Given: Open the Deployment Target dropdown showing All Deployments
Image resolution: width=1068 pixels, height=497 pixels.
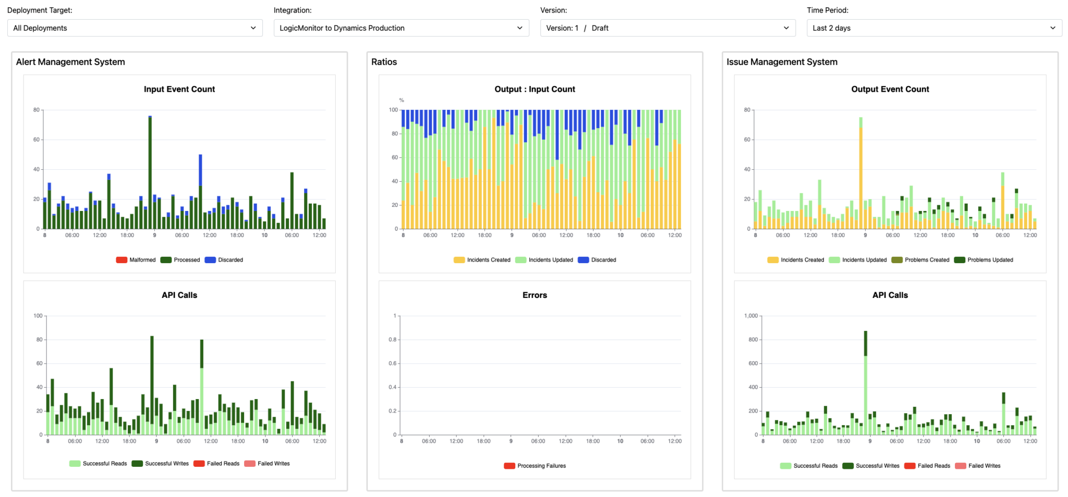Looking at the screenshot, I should tap(135, 28).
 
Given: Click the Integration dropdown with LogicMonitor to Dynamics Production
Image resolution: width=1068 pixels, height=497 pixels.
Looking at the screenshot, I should tap(401, 28).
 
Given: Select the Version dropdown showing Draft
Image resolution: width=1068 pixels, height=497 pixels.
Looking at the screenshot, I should tap(667, 28).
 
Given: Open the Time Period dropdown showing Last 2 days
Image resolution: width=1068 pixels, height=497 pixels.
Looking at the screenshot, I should tap(934, 28).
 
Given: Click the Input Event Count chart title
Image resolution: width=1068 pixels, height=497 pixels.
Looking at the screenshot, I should tap(179, 89).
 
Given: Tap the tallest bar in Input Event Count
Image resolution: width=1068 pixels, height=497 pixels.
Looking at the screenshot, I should tap(150, 172).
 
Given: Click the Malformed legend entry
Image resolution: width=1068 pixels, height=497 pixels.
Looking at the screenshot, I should tap(136, 260).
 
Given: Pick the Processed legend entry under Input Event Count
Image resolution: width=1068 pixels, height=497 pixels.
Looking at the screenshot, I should tap(180, 260).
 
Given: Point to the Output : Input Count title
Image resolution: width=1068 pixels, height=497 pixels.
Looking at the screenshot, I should tap(535, 89).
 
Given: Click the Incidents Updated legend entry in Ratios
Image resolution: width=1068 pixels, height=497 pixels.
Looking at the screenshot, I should tap(544, 260).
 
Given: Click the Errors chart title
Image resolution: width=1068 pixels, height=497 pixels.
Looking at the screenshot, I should tap(535, 295).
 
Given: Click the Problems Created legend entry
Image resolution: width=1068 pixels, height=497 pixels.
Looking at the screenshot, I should tap(921, 260).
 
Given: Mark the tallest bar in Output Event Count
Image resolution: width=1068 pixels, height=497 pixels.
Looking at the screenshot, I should tap(861, 177).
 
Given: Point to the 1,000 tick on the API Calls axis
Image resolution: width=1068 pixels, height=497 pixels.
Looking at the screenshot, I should tap(751, 316).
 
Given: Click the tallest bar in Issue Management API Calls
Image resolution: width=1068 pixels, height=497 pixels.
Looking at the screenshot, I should tap(866, 386).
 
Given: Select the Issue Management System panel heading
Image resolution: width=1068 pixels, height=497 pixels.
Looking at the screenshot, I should tap(782, 62).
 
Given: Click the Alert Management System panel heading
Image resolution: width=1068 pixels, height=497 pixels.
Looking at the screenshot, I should tap(70, 62).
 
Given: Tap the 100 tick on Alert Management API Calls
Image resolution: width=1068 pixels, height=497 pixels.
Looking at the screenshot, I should tap(38, 316).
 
